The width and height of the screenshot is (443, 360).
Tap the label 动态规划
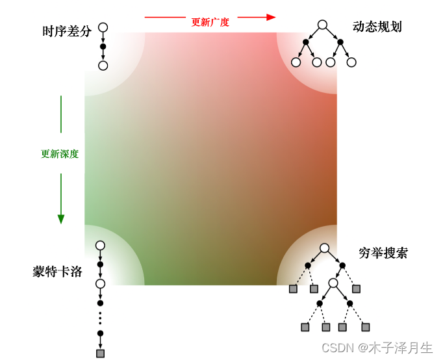pos(377,27)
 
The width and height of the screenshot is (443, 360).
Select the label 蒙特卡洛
pos(57,272)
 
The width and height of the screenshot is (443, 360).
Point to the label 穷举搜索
pos(383,253)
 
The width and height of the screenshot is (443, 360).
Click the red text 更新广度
pos(210,22)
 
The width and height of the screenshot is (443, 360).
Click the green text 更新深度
pos(60,154)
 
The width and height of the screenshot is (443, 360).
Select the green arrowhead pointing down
pos(61,219)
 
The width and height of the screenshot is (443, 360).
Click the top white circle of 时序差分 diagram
pos(103,28)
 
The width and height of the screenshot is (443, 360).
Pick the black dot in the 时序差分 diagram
pos(103,47)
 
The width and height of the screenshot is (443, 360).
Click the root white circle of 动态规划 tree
pos(322,25)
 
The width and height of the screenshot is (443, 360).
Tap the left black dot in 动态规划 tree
pos(306,42)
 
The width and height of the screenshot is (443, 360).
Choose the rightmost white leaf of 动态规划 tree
pos(351,62)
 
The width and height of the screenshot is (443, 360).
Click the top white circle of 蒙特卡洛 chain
pos(100,246)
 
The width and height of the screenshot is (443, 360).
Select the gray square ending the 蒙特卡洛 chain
pos(100,354)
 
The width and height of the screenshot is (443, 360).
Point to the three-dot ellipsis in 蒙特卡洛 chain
pos(100,318)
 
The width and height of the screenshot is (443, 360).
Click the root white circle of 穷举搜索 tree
pos(325,248)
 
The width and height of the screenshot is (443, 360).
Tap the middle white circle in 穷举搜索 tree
pos(333,283)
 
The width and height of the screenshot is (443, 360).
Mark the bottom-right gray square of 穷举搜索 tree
pos(366,327)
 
